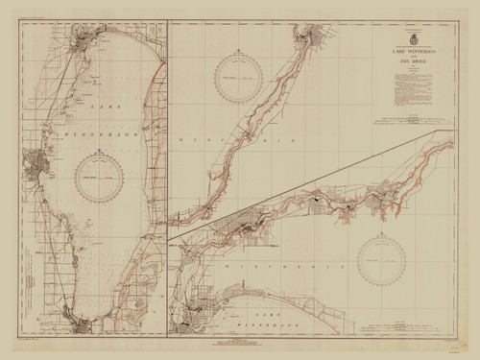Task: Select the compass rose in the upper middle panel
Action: [234, 79]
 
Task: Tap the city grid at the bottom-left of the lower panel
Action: [192, 317]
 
